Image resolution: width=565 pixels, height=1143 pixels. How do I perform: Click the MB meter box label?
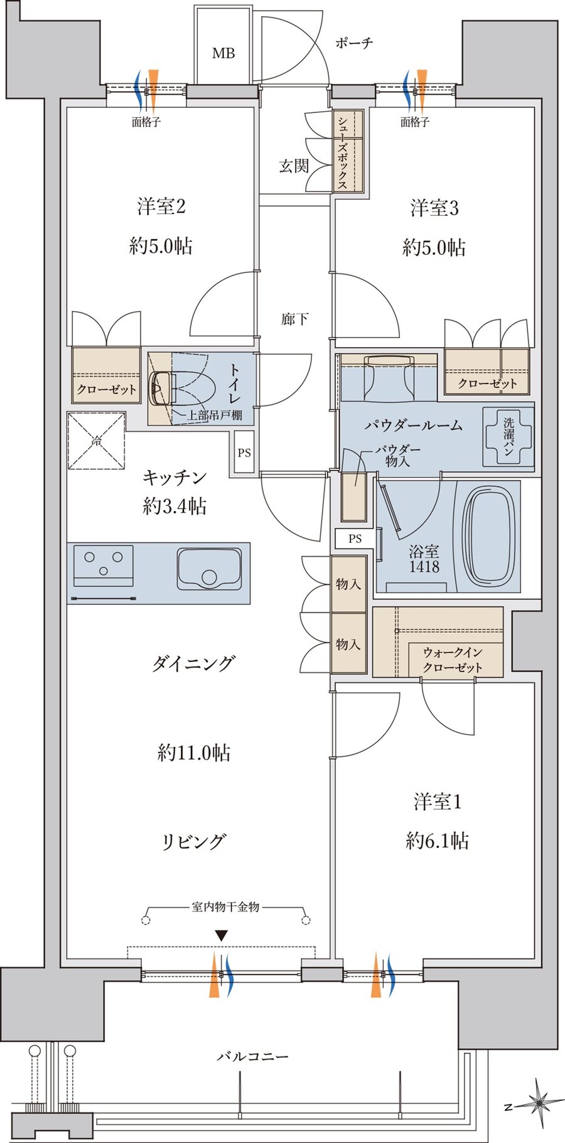223,53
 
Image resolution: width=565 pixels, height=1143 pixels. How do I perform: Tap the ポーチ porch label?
354,43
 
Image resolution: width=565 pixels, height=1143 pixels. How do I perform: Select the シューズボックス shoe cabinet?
348,151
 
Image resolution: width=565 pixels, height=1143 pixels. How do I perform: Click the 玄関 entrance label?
294,166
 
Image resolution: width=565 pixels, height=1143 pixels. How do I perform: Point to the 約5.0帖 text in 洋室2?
161,246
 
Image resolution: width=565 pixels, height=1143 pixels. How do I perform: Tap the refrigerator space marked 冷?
96,441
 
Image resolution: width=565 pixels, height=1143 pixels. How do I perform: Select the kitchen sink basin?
209,569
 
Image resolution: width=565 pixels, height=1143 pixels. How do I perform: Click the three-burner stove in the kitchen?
104,566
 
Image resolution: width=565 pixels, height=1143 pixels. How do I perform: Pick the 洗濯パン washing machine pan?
508,437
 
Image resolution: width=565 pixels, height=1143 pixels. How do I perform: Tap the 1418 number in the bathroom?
424,567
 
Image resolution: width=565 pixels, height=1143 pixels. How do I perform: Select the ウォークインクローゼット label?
453,660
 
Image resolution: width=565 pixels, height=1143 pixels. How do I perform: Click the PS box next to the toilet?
244,452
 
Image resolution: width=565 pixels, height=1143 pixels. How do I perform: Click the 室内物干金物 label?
225,906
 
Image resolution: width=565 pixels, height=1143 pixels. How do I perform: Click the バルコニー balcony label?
253,1056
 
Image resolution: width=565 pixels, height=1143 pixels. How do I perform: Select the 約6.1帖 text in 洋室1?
437,840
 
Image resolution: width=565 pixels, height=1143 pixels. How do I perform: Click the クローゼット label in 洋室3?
487,383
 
